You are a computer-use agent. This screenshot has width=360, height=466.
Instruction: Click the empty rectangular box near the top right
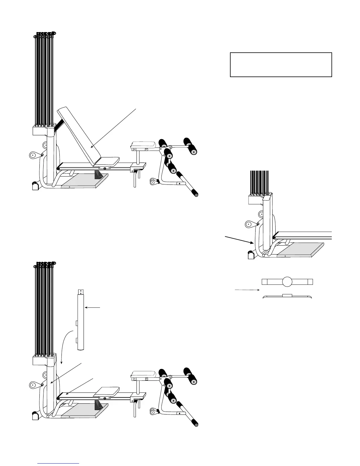(281, 65)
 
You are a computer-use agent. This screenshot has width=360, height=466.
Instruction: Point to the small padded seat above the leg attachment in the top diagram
(144, 144)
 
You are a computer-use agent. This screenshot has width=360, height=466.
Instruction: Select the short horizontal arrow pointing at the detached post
(93, 308)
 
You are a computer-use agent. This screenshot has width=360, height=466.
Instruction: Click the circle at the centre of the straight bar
(287, 282)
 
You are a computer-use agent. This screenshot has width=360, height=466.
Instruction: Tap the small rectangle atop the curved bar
(287, 295)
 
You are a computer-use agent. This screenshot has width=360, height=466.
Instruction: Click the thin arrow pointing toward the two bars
(247, 290)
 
